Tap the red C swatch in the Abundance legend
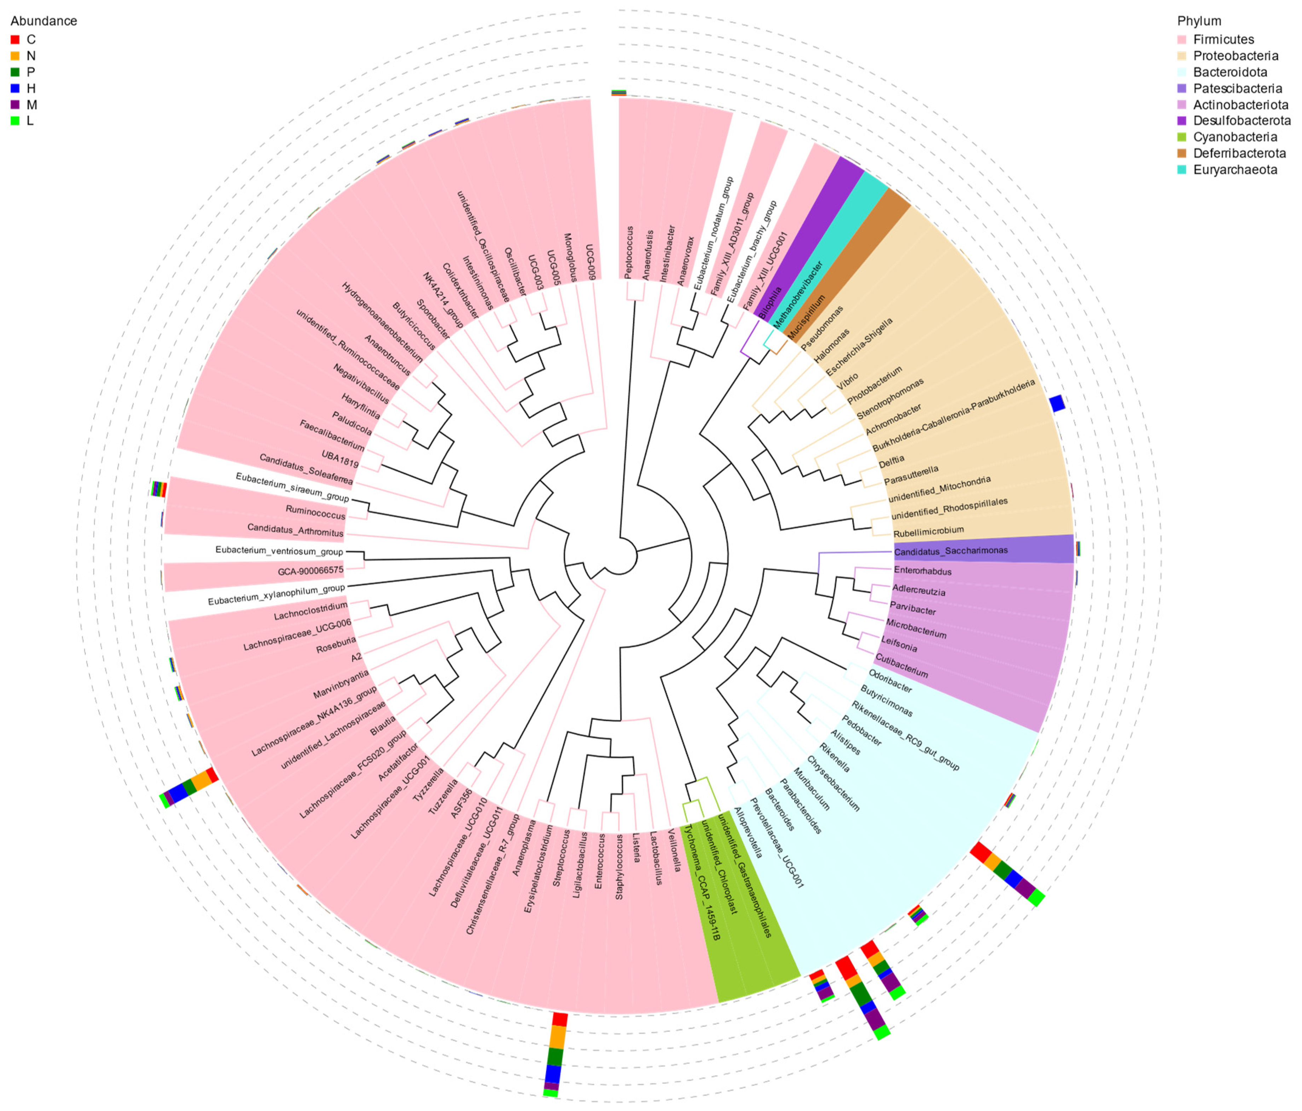15,40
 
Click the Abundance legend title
43,21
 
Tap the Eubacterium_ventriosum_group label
279,551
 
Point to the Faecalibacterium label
331,436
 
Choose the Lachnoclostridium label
310,611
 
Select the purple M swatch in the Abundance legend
15,105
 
